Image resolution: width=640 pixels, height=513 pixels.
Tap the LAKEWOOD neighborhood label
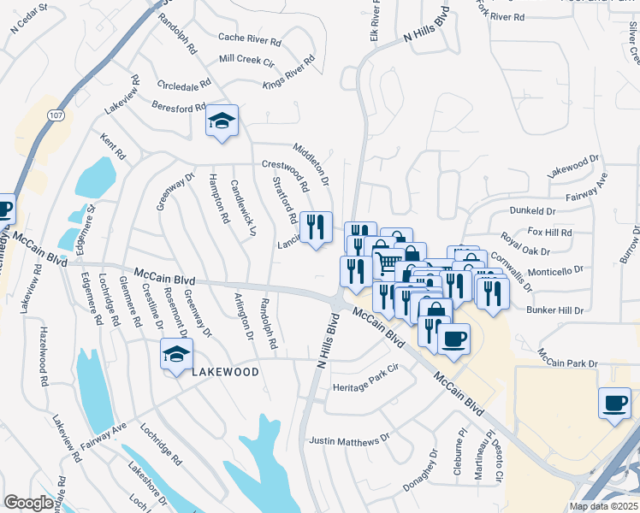pos(225,373)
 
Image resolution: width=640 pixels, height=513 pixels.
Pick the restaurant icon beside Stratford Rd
pos(316,227)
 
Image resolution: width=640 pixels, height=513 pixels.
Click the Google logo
pos(28,503)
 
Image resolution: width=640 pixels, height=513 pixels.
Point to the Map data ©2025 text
pos(603,506)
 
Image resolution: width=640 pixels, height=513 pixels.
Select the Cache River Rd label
pos(250,38)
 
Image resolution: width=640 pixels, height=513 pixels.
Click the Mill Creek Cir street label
pos(248,59)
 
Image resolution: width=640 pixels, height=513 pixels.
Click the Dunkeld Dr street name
pos(532,209)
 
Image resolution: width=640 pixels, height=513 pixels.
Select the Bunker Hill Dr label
pos(554,309)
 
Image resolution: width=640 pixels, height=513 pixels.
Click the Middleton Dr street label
pos(311,164)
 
